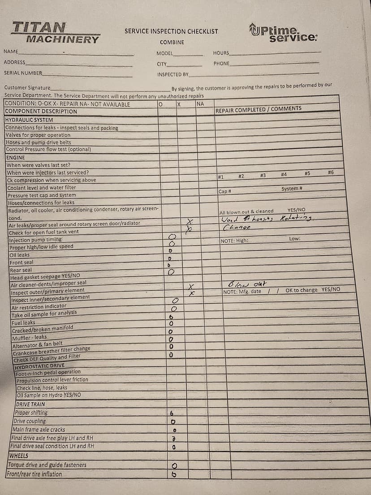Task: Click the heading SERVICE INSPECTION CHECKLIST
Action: pos(171,31)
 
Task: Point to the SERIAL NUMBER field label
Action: pos(23,73)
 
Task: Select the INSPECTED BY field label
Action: pos(173,74)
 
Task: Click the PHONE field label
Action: pos(221,64)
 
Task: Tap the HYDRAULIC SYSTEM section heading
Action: pos(29,120)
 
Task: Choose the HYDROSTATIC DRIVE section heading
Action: pos(39,365)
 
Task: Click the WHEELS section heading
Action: pos(19,456)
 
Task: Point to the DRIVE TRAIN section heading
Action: pos(30,404)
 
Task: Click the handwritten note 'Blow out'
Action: pos(247,284)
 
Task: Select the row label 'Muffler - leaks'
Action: pos(29,337)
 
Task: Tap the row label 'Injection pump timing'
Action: pos(35,239)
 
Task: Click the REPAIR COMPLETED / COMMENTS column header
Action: pos(259,109)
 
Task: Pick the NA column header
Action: pos(200,104)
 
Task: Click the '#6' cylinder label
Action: pos(331,173)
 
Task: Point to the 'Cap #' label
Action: pos(224,191)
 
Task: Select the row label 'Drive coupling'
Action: pos(30,421)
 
